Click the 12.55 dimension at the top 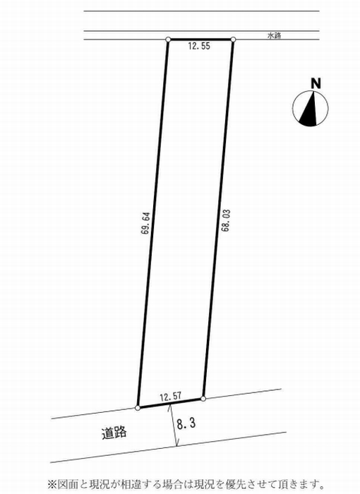(x=199, y=47)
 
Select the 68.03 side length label (x=225, y=220)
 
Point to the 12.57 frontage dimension (x=171, y=397)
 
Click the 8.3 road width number (x=186, y=423)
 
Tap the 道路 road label (x=114, y=433)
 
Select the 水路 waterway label (x=274, y=35)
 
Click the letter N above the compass (x=316, y=83)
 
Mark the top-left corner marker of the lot (x=168, y=40)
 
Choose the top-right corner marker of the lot (x=233, y=40)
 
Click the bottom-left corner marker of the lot (x=138, y=408)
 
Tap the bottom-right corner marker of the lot (x=203, y=399)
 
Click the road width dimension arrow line (x=174, y=426)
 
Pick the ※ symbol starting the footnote (x=52, y=483)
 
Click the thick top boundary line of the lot (x=200, y=40)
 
